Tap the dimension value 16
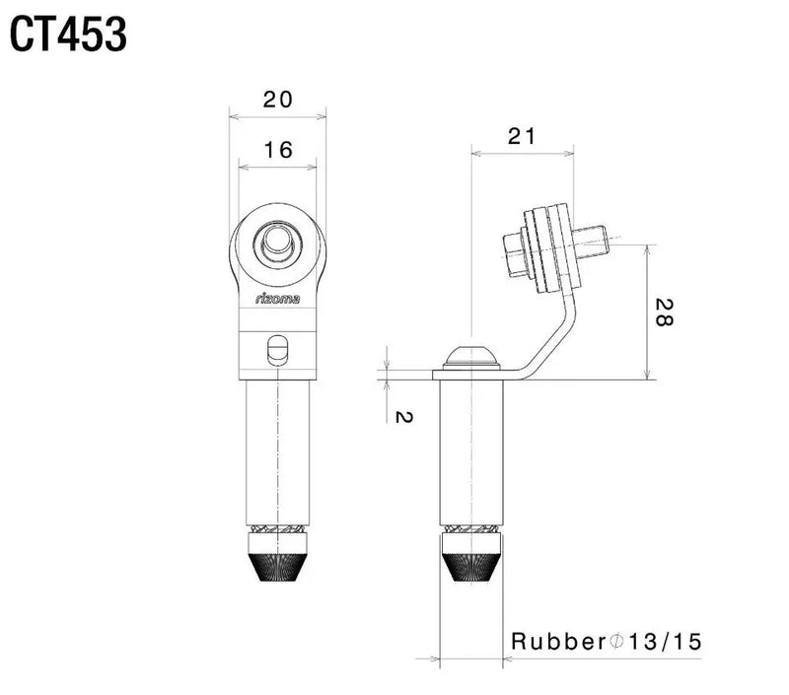click(x=278, y=150)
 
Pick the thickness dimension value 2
click(x=401, y=417)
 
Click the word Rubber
click(x=555, y=642)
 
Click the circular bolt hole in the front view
click(x=277, y=243)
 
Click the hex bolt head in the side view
click(x=516, y=254)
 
